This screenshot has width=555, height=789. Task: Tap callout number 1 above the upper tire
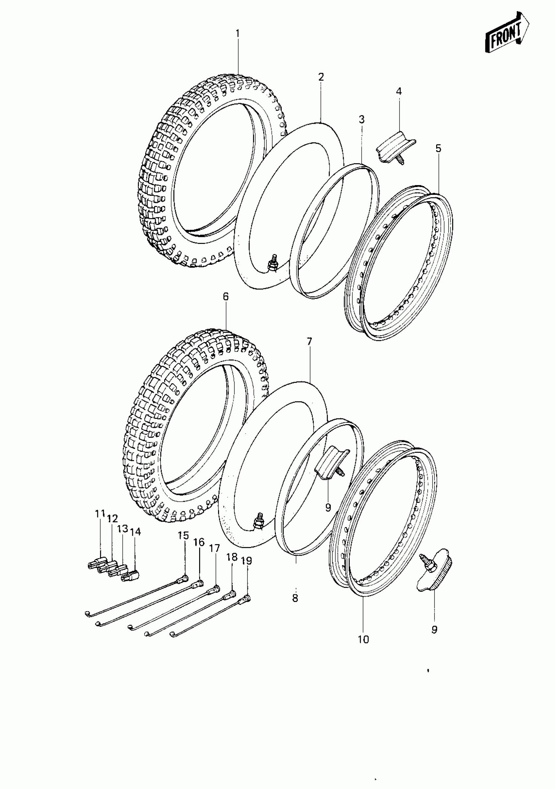(237, 34)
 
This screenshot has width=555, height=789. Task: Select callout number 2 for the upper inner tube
(321, 77)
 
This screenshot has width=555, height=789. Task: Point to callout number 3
(361, 119)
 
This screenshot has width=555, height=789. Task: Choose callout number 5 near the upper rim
(438, 149)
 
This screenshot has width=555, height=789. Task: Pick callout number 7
(309, 341)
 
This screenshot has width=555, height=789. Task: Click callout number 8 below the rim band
(295, 598)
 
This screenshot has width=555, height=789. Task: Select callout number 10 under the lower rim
(363, 639)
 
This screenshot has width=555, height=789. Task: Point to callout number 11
(100, 524)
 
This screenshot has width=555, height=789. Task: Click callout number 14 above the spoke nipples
(136, 542)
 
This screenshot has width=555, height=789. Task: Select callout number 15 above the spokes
(183, 535)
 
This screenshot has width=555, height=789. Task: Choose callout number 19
(247, 561)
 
